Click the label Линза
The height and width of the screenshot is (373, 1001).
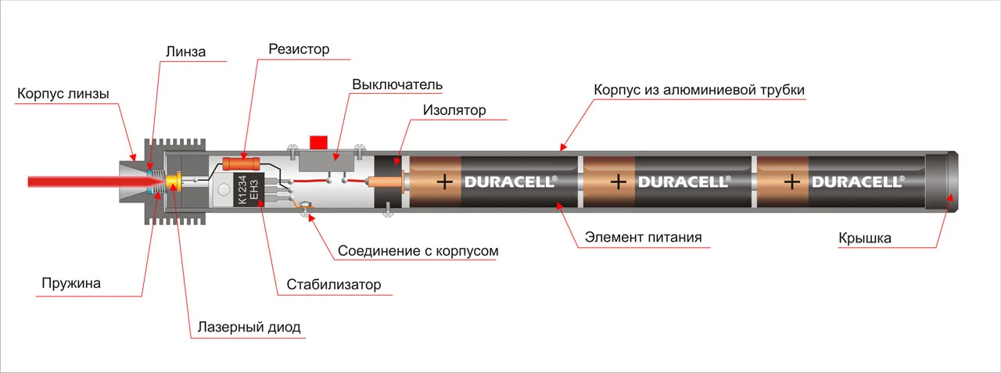pyautogui.click(x=185, y=52)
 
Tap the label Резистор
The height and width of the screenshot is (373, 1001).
pyautogui.click(x=299, y=49)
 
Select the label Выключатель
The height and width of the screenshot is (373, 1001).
pyautogui.click(x=397, y=84)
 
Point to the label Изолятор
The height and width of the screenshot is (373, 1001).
pyautogui.click(x=454, y=110)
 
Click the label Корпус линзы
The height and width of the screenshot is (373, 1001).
pyautogui.click(x=63, y=94)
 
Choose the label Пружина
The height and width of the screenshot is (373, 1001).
pyautogui.click(x=71, y=283)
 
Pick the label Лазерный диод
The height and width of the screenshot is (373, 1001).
pyautogui.click(x=249, y=328)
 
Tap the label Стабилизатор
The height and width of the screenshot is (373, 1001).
pyautogui.click(x=334, y=285)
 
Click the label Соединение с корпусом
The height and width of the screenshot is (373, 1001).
pyautogui.click(x=418, y=251)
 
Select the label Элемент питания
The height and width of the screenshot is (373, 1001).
pyautogui.click(x=643, y=237)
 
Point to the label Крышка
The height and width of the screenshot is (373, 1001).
pyautogui.click(x=865, y=238)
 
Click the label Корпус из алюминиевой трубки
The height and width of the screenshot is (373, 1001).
pyautogui.click(x=699, y=90)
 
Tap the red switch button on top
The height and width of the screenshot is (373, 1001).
pyautogui.click(x=318, y=142)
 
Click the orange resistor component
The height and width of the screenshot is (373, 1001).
pyautogui.click(x=242, y=164)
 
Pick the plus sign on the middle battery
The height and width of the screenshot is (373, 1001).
pyautogui.click(x=618, y=182)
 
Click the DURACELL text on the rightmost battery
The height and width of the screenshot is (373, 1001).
pyautogui.click(x=858, y=182)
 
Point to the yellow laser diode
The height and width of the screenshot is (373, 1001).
pyautogui.click(x=174, y=182)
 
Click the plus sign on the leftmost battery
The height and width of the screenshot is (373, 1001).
pyautogui.click(x=445, y=182)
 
